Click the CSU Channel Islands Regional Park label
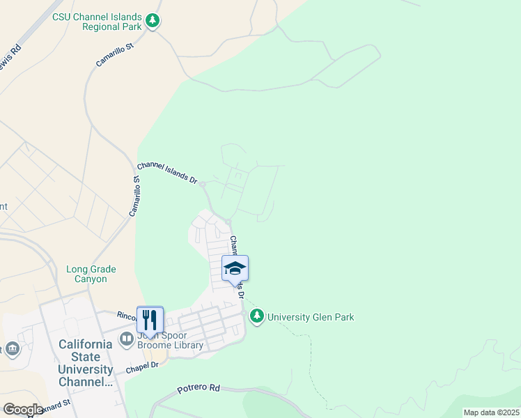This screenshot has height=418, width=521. click(98, 22)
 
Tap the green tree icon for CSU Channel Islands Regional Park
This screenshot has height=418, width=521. click(153, 22)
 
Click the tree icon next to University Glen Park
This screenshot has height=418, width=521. click(258, 317)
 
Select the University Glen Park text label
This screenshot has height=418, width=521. click(311, 318)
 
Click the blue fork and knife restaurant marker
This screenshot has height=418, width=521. click(150, 320)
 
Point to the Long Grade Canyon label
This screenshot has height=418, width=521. click(91, 274)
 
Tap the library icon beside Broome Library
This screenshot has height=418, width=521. click(127, 339)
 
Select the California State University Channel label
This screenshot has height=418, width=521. click(86, 363)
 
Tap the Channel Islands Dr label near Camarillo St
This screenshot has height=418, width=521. click(167, 172)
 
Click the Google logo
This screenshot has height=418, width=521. click(23, 410)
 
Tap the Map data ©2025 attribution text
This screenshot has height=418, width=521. click(490, 412)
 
